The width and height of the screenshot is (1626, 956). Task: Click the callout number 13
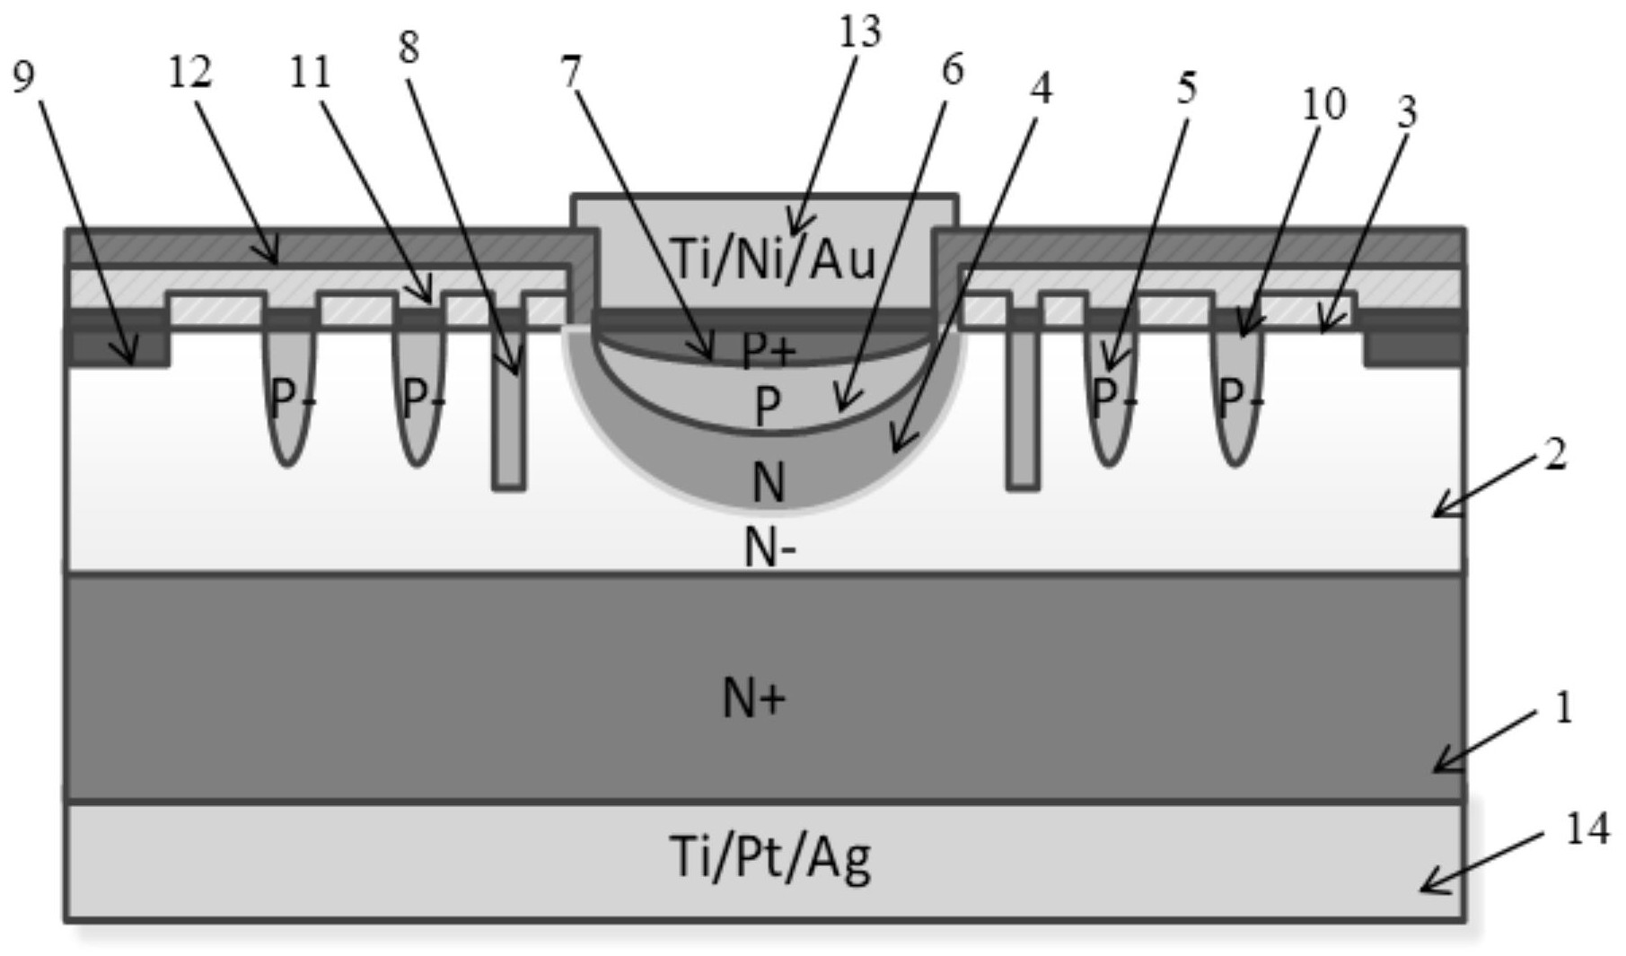coord(860,31)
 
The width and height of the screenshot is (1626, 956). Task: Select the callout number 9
coord(23,77)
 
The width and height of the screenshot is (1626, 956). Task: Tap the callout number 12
coord(190,72)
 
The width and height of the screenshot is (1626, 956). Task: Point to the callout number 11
coord(310,72)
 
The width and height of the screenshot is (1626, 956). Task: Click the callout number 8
coord(409,47)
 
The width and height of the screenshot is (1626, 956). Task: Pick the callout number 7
coord(572,72)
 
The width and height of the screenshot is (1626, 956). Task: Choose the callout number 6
coord(953,69)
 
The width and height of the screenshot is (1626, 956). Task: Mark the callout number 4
coord(1041,87)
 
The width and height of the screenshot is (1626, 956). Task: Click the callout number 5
coord(1187,88)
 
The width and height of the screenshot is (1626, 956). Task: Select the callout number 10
coord(1324,104)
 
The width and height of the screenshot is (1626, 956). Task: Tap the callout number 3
coord(1407,111)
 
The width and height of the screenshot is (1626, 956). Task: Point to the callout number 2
coord(1555,454)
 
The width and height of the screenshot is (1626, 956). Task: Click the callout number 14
coord(1586,829)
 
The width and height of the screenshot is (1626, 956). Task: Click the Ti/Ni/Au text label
coord(773,259)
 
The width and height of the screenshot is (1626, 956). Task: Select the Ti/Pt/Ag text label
coord(769,856)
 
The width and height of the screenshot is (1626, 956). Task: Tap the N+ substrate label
coord(754,698)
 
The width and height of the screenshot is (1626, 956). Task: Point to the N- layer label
coord(770,546)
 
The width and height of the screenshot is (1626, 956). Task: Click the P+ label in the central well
coord(769,350)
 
